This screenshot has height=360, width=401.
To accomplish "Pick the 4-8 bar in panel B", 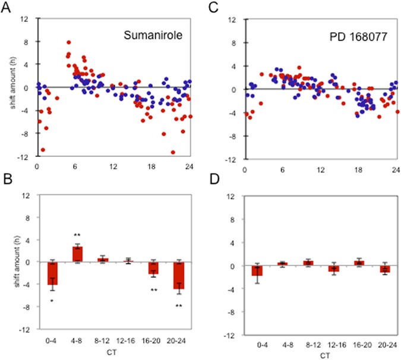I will point(77,254).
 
